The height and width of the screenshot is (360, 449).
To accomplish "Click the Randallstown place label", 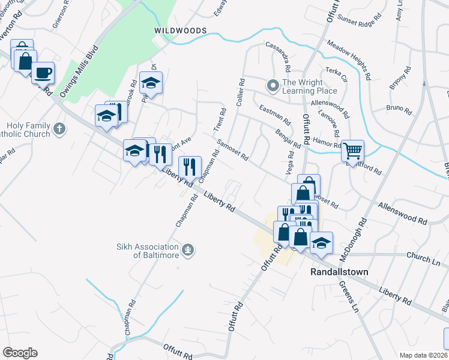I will point(339,272).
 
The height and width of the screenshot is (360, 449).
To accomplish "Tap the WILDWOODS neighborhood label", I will point(180,30).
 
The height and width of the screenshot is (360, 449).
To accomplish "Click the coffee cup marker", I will point(43,73).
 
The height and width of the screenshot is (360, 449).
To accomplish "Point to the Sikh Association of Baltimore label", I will point(148,251).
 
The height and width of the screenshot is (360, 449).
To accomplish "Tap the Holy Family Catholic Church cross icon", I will point(59,128).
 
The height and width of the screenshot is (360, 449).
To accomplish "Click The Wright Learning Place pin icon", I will point(274,86).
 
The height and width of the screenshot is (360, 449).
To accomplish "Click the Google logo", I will point(20,353).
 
